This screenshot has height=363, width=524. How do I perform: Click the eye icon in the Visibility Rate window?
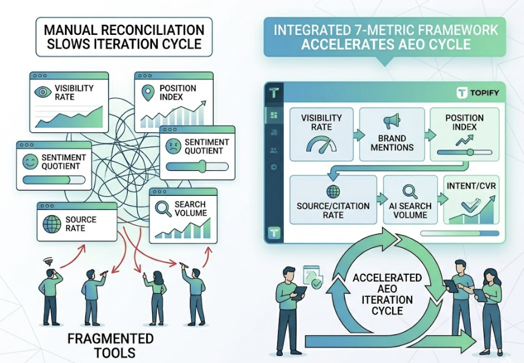pos(43,92)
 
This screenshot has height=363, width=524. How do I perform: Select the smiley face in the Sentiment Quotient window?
pos(29,161)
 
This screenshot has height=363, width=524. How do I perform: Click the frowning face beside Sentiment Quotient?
pos(172,147)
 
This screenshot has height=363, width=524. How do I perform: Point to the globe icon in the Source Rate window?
pos(51,225)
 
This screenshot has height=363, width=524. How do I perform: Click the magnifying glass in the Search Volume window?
pos(163,209)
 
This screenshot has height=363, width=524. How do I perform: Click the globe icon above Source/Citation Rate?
pos(332,192)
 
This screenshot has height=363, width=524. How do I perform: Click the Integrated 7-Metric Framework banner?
pos(384,37)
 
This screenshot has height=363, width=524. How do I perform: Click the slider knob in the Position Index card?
pos(470,153)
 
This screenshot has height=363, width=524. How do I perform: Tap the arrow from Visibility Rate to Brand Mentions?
pos(357,135)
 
